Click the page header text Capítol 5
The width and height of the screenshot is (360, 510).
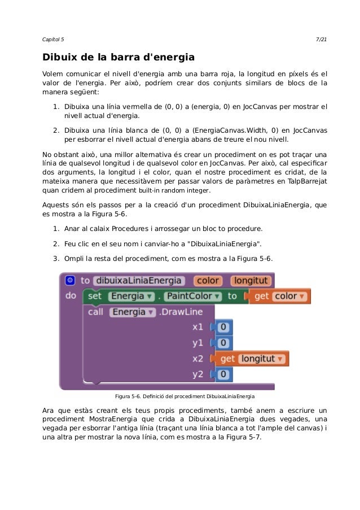[x=54, y=38]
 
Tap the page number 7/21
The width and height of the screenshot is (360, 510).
[x=321, y=38]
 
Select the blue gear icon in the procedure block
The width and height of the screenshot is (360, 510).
[x=69, y=280]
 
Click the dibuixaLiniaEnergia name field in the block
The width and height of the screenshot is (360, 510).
[x=138, y=281]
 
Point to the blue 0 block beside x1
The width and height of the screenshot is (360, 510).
[x=223, y=327]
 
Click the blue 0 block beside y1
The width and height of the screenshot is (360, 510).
[x=223, y=343]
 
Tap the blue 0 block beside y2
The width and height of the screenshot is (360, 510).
[x=223, y=374]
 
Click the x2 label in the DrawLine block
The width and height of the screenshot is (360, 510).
[x=197, y=359]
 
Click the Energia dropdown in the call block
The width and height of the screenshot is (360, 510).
[x=132, y=312]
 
